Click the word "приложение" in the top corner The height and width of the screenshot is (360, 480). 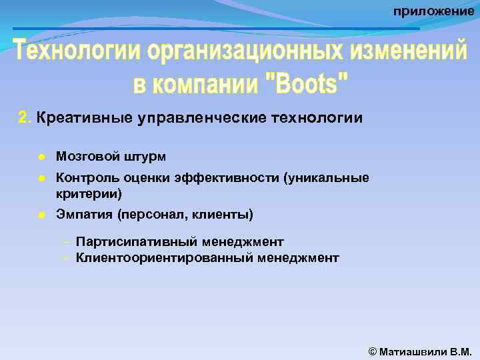pos(433,11)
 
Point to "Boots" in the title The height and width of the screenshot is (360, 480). pos(307,85)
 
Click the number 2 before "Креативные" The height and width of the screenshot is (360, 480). pos(23,119)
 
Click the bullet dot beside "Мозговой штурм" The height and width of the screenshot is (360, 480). pos(42,157)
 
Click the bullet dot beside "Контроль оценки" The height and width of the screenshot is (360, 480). pos(42,179)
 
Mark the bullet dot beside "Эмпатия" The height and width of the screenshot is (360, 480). pos(42,215)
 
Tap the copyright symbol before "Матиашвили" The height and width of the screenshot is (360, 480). pos(373,351)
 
